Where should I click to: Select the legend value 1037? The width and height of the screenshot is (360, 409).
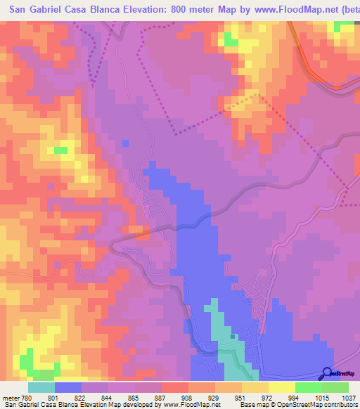click(x=348, y=398)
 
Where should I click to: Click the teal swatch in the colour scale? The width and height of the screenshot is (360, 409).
click(x=41, y=387)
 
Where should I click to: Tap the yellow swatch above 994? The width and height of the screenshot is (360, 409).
click(x=281, y=387)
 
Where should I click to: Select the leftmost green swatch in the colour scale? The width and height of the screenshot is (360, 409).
click(x=308, y=387)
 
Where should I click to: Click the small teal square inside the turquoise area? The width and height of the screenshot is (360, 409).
click(x=232, y=336)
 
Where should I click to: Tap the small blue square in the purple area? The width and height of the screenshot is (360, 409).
click(x=125, y=143)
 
